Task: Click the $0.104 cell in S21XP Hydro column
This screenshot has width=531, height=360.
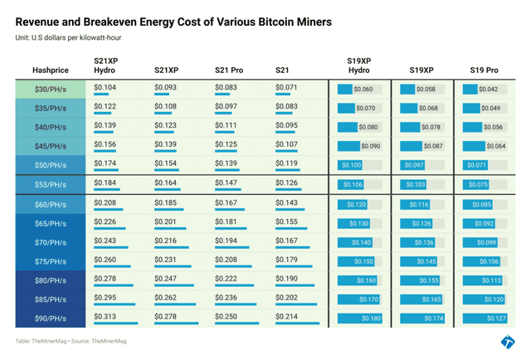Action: pyautogui.click(x=105, y=86)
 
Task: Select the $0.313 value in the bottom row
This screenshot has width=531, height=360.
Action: pyautogui.click(x=105, y=315)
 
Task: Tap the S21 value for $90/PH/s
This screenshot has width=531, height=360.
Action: pyautogui.click(x=286, y=315)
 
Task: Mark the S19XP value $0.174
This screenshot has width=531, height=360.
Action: pyautogui.click(x=433, y=319)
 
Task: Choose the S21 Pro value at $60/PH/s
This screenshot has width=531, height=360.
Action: pyautogui.click(x=226, y=202)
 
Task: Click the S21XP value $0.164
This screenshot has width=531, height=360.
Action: pyautogui.click(x=166, y=182)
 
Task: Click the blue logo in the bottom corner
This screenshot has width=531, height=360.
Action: pyautogui.click(x=508, y=342)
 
